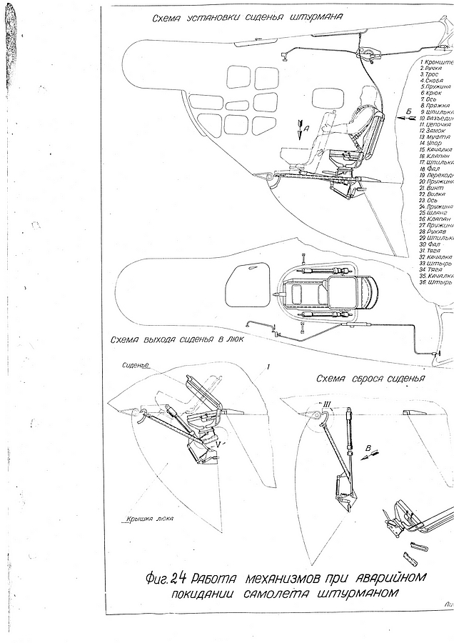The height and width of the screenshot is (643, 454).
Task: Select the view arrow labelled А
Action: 301,131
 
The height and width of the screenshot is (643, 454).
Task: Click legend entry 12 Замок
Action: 430,131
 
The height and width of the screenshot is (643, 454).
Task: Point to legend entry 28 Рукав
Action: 432,232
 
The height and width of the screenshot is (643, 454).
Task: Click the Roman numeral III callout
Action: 326,404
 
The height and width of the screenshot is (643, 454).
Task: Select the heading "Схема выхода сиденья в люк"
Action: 176,340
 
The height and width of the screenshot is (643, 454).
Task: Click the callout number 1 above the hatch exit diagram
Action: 266,365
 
